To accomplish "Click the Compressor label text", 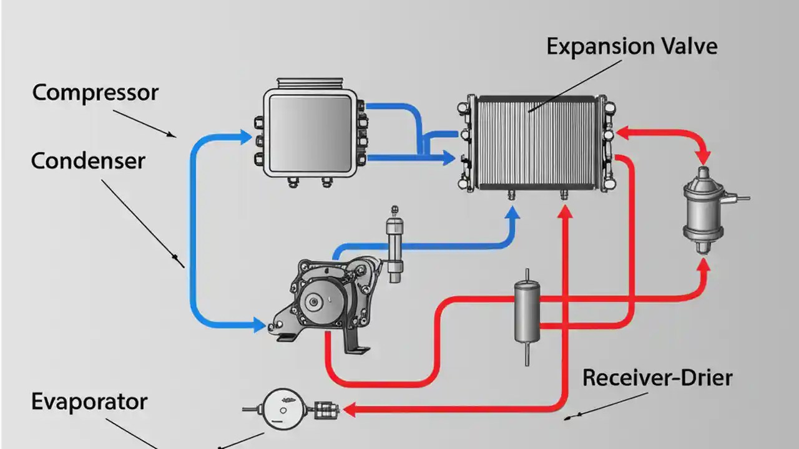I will [95, 94].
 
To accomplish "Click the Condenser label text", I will [88, 161].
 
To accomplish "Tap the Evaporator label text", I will [89, 401].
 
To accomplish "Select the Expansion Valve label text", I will [632, 47].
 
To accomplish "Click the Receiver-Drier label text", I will [657, 378].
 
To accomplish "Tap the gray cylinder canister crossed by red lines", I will [527, 312].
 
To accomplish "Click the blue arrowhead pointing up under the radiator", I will [512, 215].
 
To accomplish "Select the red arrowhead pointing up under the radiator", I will [565, 213].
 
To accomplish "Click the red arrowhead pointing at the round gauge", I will [348, 410].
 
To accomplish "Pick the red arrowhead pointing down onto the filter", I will [704, 157].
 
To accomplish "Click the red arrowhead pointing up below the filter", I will [703, 266].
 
